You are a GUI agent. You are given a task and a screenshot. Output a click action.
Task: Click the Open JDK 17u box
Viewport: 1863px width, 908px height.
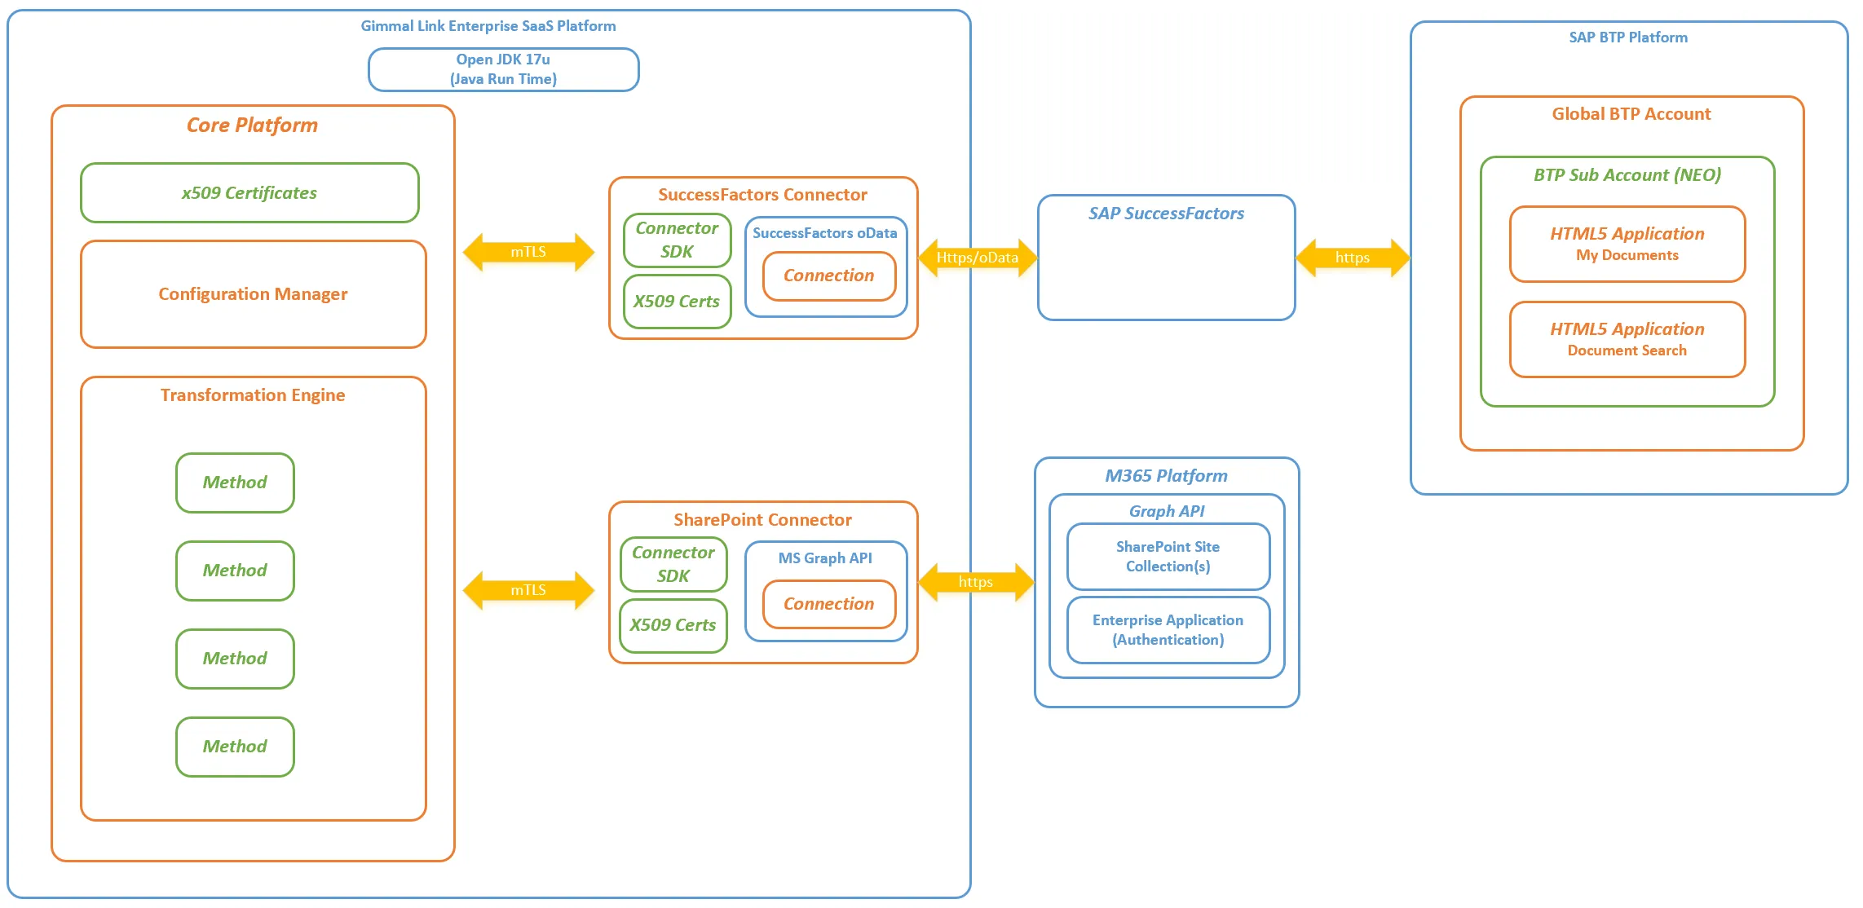(503, 69)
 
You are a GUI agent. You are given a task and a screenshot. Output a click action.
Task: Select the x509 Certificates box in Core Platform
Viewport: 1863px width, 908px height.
(249, 192)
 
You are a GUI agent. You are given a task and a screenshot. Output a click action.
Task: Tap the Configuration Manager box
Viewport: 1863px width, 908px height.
(253, 293)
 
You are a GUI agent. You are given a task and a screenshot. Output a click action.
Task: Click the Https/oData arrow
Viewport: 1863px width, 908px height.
(977, 258)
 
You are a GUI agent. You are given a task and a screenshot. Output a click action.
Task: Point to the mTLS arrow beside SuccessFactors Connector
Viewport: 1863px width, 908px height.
(528, 252)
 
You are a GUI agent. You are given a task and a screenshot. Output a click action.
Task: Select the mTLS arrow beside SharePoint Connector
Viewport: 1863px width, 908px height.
(528, 590)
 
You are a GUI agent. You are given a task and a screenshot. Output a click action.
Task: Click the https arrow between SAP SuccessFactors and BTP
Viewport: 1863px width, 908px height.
(1353, 258)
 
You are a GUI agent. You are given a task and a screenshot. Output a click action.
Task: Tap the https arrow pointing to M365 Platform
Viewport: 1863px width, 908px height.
(976, 582)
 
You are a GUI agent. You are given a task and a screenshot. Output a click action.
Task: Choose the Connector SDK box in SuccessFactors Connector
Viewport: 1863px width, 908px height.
(677, 240)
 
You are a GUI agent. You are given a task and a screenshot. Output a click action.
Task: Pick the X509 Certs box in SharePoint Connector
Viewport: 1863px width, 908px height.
(673, 625)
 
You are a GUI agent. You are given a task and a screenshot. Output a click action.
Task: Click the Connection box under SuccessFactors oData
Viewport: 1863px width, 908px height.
(829, 275)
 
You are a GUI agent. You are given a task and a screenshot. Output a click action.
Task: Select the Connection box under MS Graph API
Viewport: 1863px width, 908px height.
(829, 604)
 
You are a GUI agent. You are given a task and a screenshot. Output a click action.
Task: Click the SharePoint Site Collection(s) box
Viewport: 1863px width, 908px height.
(1168, 557)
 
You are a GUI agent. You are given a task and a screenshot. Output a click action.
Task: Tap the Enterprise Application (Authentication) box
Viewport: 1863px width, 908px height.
(1168, 630)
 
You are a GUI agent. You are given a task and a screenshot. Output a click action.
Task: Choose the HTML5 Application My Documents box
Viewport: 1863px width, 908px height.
(1627, 244)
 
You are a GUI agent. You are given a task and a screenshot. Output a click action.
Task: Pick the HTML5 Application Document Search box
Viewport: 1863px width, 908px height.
(1627, 339)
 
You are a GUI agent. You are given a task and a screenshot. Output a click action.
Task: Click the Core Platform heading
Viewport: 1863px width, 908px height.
(252, 125)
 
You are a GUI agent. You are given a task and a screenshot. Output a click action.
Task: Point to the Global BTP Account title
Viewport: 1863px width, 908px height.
(1631, 114)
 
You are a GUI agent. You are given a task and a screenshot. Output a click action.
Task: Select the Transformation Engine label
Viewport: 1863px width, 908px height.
(253, 395)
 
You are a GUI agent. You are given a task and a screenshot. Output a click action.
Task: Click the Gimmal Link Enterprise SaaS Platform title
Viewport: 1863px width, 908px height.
(488, 26)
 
